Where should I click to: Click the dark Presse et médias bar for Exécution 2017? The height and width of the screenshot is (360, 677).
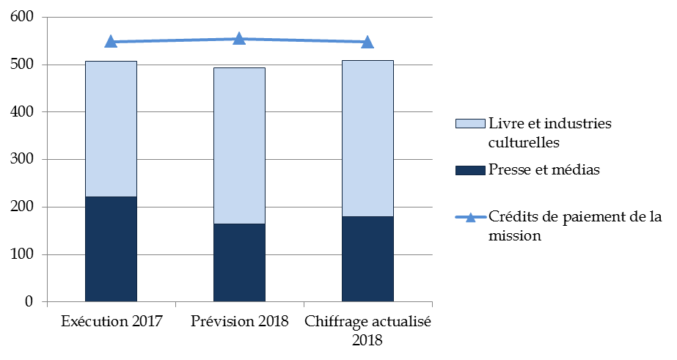click(x=111, y=249)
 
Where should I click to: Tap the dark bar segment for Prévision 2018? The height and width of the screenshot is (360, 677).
click(x=239, y=262)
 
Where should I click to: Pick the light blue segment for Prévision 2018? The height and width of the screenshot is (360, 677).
click(x=239, y=145)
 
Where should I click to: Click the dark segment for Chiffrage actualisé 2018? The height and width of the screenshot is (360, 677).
click(x=367, y=258)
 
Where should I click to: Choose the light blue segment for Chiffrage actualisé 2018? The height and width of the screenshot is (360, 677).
click(x=367, y=138)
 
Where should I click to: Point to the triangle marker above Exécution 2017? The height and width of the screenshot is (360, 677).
click(x=111, y=42)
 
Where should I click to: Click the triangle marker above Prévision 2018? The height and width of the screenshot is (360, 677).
click(x=239, y=39)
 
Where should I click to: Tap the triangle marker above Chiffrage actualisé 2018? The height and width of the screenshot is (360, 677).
click(x=367, y=42)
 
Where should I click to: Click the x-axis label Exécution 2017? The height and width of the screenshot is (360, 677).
click(x=111, y=321)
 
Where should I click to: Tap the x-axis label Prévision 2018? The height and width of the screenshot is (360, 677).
click(x=239, y=321)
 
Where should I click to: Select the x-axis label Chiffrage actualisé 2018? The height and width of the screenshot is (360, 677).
click(x=367, y=331)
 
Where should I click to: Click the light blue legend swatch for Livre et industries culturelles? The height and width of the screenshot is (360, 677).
click(x=470, y=123)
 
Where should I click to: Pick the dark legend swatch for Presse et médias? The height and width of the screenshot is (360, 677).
click(x=470, y=171)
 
